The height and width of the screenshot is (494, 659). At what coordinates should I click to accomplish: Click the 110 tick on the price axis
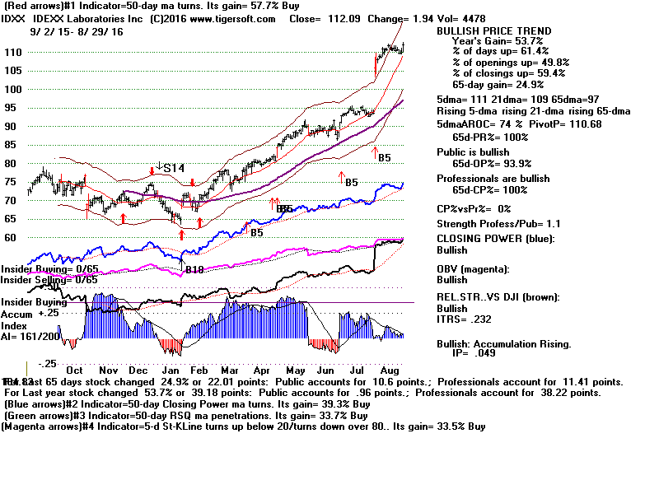click(12, 52)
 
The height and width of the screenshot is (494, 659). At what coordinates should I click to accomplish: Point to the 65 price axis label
click(12, 219)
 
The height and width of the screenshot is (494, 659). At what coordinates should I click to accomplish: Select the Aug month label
click(390, 370)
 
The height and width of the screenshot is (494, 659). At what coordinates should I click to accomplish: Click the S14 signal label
click(172, 168)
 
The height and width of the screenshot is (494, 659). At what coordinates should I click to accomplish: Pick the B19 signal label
click(194, 269)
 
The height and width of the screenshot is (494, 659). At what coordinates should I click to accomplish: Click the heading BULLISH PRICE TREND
click(493, 31)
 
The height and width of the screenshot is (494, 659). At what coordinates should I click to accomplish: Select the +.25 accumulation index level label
click(48, 313)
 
